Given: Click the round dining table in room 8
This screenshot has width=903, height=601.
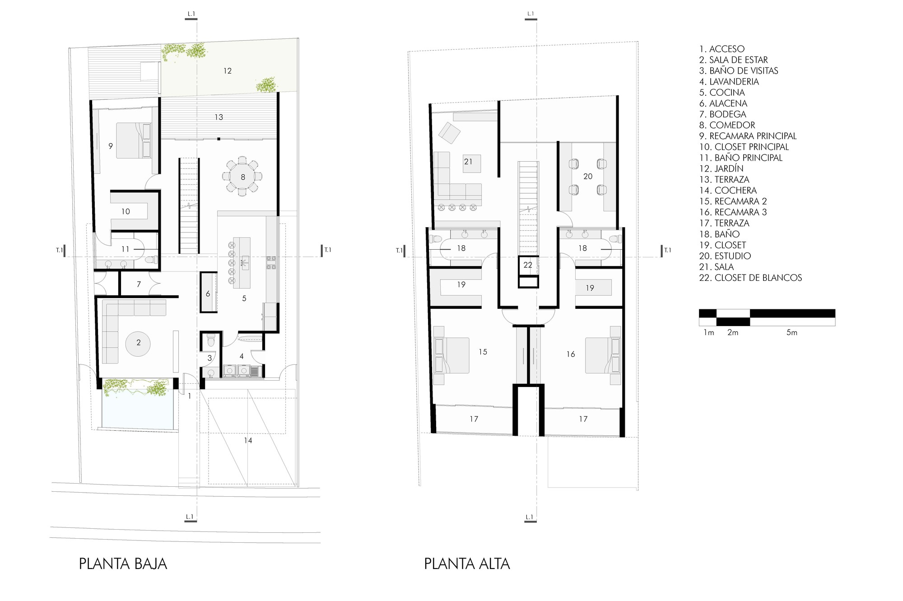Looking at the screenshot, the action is pos(242,177).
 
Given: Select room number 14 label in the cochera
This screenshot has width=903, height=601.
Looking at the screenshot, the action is pos(248,440).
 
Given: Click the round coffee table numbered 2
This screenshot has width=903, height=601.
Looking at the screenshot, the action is pos(139,343).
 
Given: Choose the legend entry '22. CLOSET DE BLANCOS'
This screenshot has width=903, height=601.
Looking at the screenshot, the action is pos(750,278).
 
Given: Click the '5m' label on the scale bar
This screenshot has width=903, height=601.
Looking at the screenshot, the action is pos(792,333).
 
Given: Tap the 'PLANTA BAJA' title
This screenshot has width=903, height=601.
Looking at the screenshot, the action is pos(123,564).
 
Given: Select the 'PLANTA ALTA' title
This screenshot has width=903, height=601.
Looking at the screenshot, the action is pos(467,564).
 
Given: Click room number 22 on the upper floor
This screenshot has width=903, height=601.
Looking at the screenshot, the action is pos(528,265).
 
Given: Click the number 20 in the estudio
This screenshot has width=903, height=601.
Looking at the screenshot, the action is pos(588,177).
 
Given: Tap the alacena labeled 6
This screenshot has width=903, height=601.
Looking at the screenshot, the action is pos(208,292).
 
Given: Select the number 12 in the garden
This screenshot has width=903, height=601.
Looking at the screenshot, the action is pos(228,70).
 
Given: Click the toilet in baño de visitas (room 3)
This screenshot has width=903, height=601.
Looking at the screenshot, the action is pos(210,342).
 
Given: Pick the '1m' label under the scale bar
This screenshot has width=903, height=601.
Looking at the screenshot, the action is pos(709,333).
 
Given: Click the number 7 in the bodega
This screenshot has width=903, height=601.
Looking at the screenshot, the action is pos(139,284).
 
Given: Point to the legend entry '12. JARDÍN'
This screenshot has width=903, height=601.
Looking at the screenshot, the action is pos(721,169).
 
